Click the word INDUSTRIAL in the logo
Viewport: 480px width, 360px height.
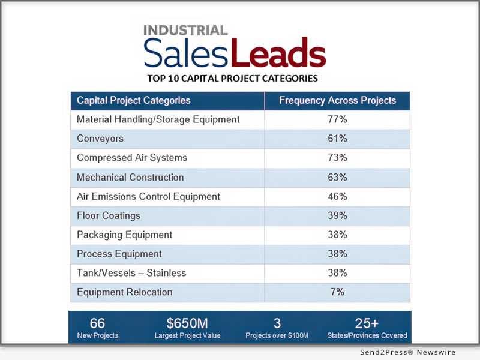coord(185,31)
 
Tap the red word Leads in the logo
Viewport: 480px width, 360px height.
coord(278,53)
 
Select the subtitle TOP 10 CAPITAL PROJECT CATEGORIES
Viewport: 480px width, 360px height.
coord(232,78)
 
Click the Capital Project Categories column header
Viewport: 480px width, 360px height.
coord(134,100)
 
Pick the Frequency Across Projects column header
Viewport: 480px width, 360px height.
coord(337,100)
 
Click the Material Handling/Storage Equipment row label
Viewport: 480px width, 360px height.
coord(158,119)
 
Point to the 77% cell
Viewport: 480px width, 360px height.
coord(337,119)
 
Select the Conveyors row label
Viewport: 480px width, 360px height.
coord(100,139)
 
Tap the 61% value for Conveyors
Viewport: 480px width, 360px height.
coord(337,139)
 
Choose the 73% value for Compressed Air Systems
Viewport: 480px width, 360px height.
coord(337,158)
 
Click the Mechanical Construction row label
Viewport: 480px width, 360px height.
coord(130,177)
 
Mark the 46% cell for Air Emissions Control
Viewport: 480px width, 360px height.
coord(337,196)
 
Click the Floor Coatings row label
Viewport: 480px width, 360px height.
coord(109,215)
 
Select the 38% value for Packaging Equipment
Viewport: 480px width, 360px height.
coord(337,235)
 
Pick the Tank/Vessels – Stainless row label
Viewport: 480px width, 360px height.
coord(131,273)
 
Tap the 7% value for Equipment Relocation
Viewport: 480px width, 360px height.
coord(337,292)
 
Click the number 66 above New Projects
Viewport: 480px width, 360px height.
coord(97,323)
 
